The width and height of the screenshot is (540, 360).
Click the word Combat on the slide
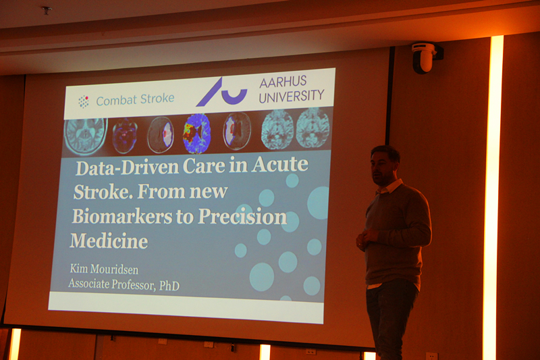(x=116, y=101)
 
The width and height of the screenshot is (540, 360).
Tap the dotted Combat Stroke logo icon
(x=83, y=101)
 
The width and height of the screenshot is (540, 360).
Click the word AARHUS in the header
(x=283, y=82)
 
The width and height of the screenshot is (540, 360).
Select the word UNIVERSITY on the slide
(x=292, y=96)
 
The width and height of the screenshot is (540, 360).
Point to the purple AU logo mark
(x=222, y=93)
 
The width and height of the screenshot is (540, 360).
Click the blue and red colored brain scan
(x=196, y=133)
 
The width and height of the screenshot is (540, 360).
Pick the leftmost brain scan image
(x=86, y=136)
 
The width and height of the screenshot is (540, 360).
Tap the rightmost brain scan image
(x=313, y=128)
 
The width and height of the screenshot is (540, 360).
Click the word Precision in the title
(x=242, y=216)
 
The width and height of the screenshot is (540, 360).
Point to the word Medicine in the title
(x=109, y=241)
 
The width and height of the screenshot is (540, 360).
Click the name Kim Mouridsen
(x=104, y=269)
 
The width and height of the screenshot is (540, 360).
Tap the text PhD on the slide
(x=169, y=286)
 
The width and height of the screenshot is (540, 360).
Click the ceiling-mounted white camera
(x=425, y=57)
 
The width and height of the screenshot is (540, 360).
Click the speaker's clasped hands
(x=366, y=238)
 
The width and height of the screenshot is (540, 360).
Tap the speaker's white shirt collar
(x=390, y=186)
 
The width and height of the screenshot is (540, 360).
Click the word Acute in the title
(x=279, y=164)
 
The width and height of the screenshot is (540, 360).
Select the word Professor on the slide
(x=133, y=284)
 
